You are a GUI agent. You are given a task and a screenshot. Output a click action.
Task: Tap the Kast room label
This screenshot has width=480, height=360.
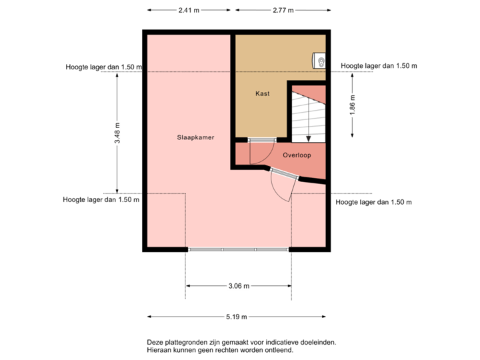(x=262, y=94)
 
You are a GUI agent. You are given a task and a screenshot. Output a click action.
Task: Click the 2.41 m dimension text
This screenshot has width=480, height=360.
(x=188, y=11)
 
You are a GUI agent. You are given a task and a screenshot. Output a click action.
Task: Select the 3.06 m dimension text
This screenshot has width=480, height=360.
(x=238, y=286)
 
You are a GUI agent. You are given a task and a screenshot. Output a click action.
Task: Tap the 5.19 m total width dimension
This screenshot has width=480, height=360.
(x=238, y=317)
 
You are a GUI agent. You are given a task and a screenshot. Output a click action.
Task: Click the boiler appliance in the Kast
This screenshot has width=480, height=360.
(x=320, y=61)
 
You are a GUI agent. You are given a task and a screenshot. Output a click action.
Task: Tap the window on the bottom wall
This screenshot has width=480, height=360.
(x=238, y=250)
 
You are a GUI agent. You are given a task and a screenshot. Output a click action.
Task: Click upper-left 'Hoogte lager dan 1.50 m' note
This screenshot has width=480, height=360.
(x=103, y=67)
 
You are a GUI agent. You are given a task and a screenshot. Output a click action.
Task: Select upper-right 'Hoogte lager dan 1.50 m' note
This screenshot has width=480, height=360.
(x=378, y=66)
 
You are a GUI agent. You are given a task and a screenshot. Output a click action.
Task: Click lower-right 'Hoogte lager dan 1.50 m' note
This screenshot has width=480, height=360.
(x=373, y=201)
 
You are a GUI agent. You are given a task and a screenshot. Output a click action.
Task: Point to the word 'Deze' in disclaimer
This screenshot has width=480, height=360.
(x=154, y=342)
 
